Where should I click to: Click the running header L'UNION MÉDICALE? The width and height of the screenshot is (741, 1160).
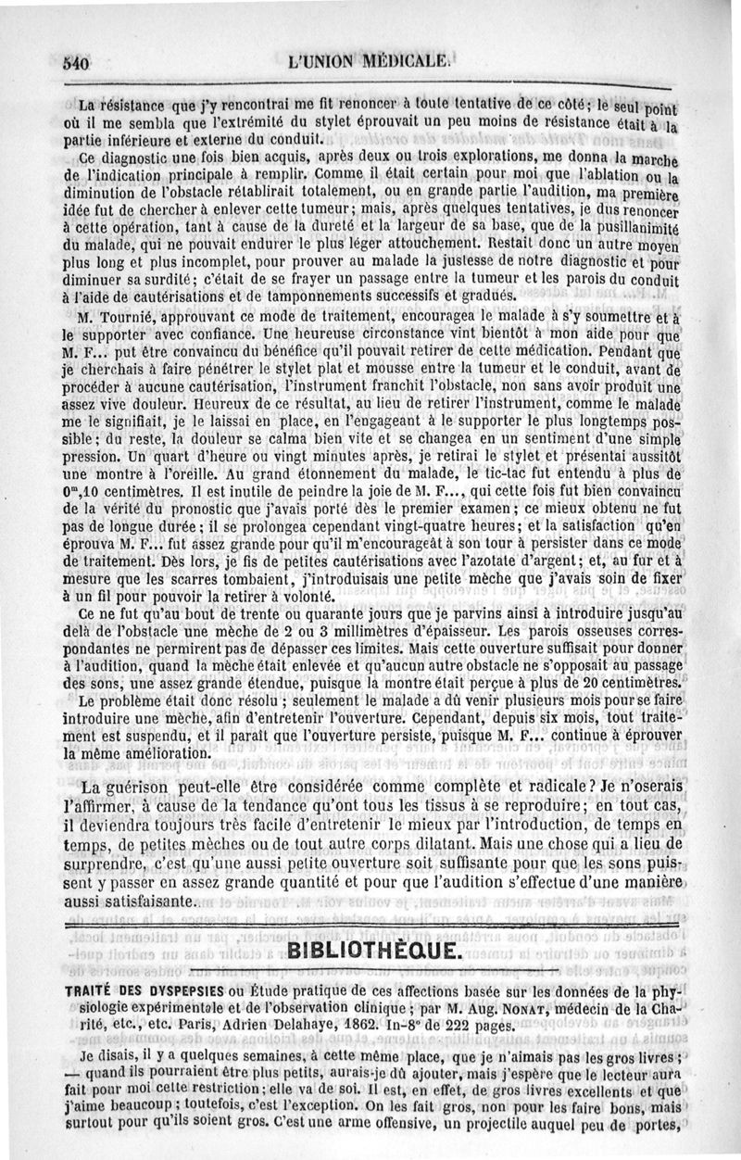coord(370,65)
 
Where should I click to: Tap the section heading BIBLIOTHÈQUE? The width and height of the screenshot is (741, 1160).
coord(370,951)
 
